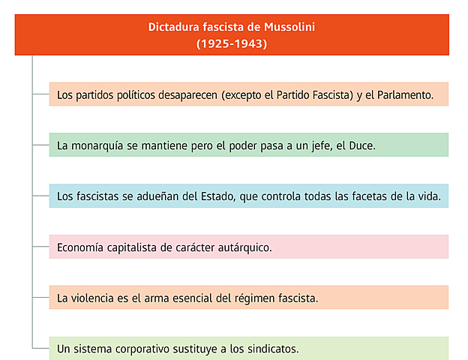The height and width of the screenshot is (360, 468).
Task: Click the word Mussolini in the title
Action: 286,27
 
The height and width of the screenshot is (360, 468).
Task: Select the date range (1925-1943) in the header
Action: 232,43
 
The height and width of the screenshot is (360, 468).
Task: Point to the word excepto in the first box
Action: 241,95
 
